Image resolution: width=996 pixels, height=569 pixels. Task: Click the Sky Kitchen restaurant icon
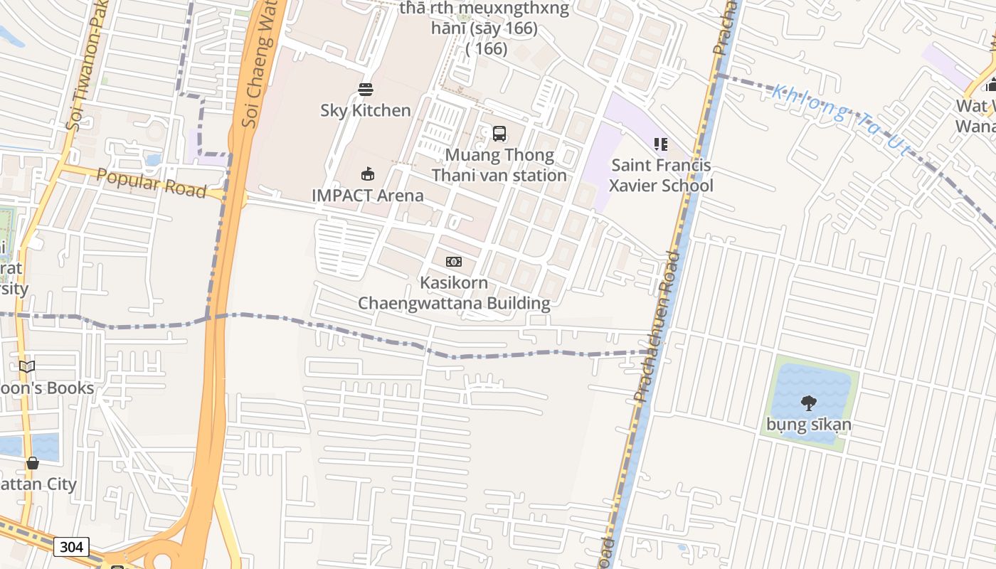[366, 90]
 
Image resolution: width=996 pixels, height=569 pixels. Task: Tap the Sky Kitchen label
[366, 110]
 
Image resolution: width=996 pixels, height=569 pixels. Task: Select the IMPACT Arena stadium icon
[368, 174]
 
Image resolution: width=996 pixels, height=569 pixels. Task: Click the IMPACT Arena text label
[368, 196]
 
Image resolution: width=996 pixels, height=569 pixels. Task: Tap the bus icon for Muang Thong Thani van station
[499, 134]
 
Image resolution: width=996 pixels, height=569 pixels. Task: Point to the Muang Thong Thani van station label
[499, 165]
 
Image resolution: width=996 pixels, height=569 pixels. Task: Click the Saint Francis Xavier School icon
[660, 144]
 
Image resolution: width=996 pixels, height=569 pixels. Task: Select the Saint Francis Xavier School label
[661, 176]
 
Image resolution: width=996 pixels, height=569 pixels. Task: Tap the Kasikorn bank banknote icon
[454, 262]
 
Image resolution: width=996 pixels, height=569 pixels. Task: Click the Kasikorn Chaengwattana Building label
[454, 293]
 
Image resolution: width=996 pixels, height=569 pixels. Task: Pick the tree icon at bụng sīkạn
[809, 403]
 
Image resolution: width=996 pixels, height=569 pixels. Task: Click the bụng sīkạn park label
[809, 425]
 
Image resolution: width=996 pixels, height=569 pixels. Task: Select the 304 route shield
[71, 547]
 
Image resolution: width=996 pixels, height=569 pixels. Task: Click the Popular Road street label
[151, 184]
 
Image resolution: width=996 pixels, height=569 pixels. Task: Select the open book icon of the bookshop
[27, 367]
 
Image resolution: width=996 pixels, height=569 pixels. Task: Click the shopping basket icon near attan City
[33, 463]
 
